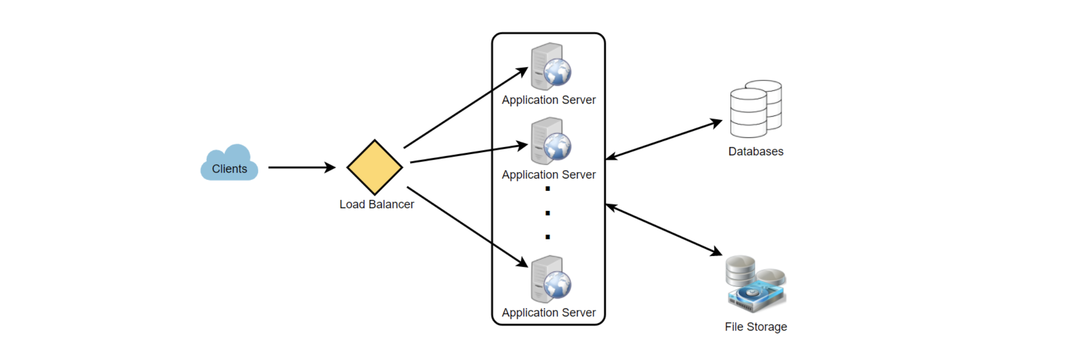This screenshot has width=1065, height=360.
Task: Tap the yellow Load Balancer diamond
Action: tap(375, 167)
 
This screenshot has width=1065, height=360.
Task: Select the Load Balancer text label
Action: tap(377, 204)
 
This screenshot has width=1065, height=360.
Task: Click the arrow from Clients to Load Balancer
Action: tap(302, 168)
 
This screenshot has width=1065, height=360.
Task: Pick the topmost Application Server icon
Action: tap(551, 66)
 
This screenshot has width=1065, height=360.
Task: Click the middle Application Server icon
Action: tap(551, 141)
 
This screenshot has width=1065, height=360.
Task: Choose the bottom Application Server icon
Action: tap(551, 279)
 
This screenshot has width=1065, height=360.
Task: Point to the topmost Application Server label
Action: tap(549, 100)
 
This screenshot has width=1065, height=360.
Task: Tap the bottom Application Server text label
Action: tap(549, 313)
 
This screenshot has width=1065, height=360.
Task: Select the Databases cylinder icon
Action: tap(756, 109)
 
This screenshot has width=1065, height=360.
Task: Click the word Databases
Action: tap(756, 152)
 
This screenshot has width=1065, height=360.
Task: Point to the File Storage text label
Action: tap(756, 327)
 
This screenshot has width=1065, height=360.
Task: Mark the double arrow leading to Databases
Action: tap(664, 139)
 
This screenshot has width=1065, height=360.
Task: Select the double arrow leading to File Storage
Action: tap(664, 230)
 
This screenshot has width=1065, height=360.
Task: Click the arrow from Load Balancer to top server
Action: tap(466, 108)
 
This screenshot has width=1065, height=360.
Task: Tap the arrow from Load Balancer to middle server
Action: tap(469, 153)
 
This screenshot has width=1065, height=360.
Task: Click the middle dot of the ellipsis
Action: tap(547, 213)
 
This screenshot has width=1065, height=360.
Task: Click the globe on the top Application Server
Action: tap(557, 72)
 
